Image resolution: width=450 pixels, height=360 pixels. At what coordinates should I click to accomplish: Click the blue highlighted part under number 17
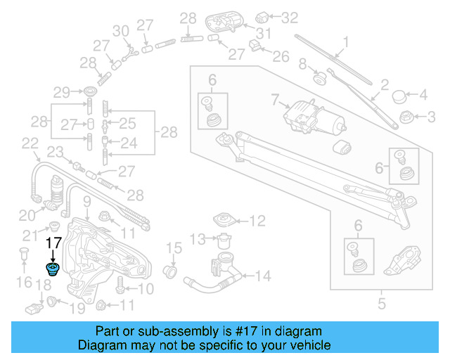(53, 269)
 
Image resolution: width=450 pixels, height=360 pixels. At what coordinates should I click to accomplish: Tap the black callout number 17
(54, 243)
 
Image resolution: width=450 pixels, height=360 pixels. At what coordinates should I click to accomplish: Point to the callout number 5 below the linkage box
(382, 304)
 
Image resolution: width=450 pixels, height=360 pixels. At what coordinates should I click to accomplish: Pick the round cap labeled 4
(400, 94)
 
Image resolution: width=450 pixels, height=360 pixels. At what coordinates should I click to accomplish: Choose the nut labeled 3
(405, 115)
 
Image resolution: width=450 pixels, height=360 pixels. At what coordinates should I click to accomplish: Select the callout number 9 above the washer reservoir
(87, 204)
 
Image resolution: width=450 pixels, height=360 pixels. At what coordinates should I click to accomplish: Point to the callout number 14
(262, 276)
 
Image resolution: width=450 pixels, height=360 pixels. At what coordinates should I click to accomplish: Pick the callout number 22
(30, 143)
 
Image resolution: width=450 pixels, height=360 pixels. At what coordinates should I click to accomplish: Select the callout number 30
(121, 31)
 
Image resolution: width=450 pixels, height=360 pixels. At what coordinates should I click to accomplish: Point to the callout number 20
(26, 215)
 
